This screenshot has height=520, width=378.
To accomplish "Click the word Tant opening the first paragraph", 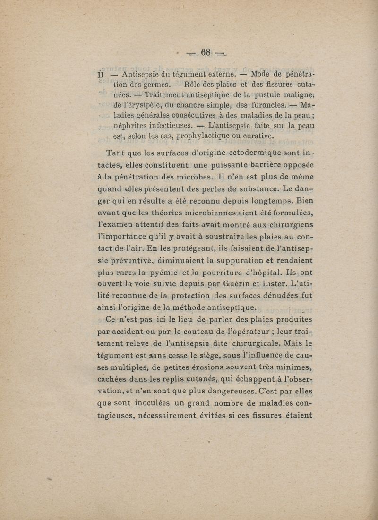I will (x=116, y=153).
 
